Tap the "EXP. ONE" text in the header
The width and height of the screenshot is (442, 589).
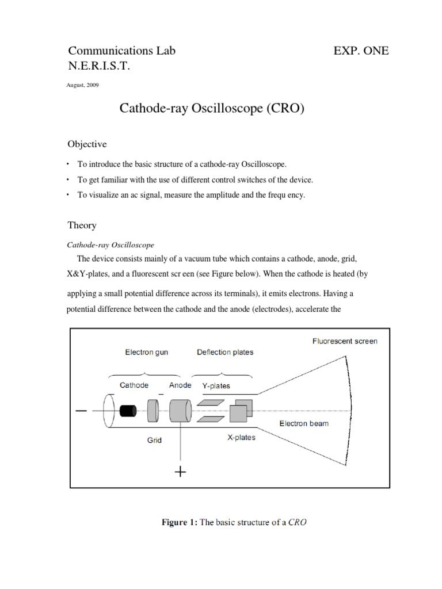pyautogui.click(x=361, y=51)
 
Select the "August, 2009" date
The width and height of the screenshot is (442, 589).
pyautogui.click(x=83, y=85)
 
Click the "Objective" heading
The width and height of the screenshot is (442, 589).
pyautogui.click(x=87, y=144)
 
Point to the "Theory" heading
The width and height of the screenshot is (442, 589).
pyautogui.click(x=82, y=225)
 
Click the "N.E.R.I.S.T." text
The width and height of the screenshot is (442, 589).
pyautogui.click(x=99, y=67)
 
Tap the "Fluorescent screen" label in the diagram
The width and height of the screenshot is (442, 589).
pyautogui.click(x=345, y=341)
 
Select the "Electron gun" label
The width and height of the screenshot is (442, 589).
pyautogui.click(x=147, y=352)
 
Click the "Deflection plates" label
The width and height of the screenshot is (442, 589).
pyautogui.click(x=225, y=352)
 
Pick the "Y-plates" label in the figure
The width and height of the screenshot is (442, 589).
pyautogui.click(x=216, y=386)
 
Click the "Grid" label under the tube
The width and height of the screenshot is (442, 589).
pyautogui.click(x=154, y=440)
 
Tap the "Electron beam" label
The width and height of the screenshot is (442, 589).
pyautogui.click(x=304, y=424)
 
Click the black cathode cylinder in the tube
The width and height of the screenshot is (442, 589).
pyautogui.click(x=128, y=410)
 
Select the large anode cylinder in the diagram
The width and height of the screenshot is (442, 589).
pyautogui.click(x=180, y=410)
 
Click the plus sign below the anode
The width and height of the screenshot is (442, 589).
pyautogui.click(x=181, y=472)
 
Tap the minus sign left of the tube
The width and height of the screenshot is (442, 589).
pyautogui.click(x=81, y=411)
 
